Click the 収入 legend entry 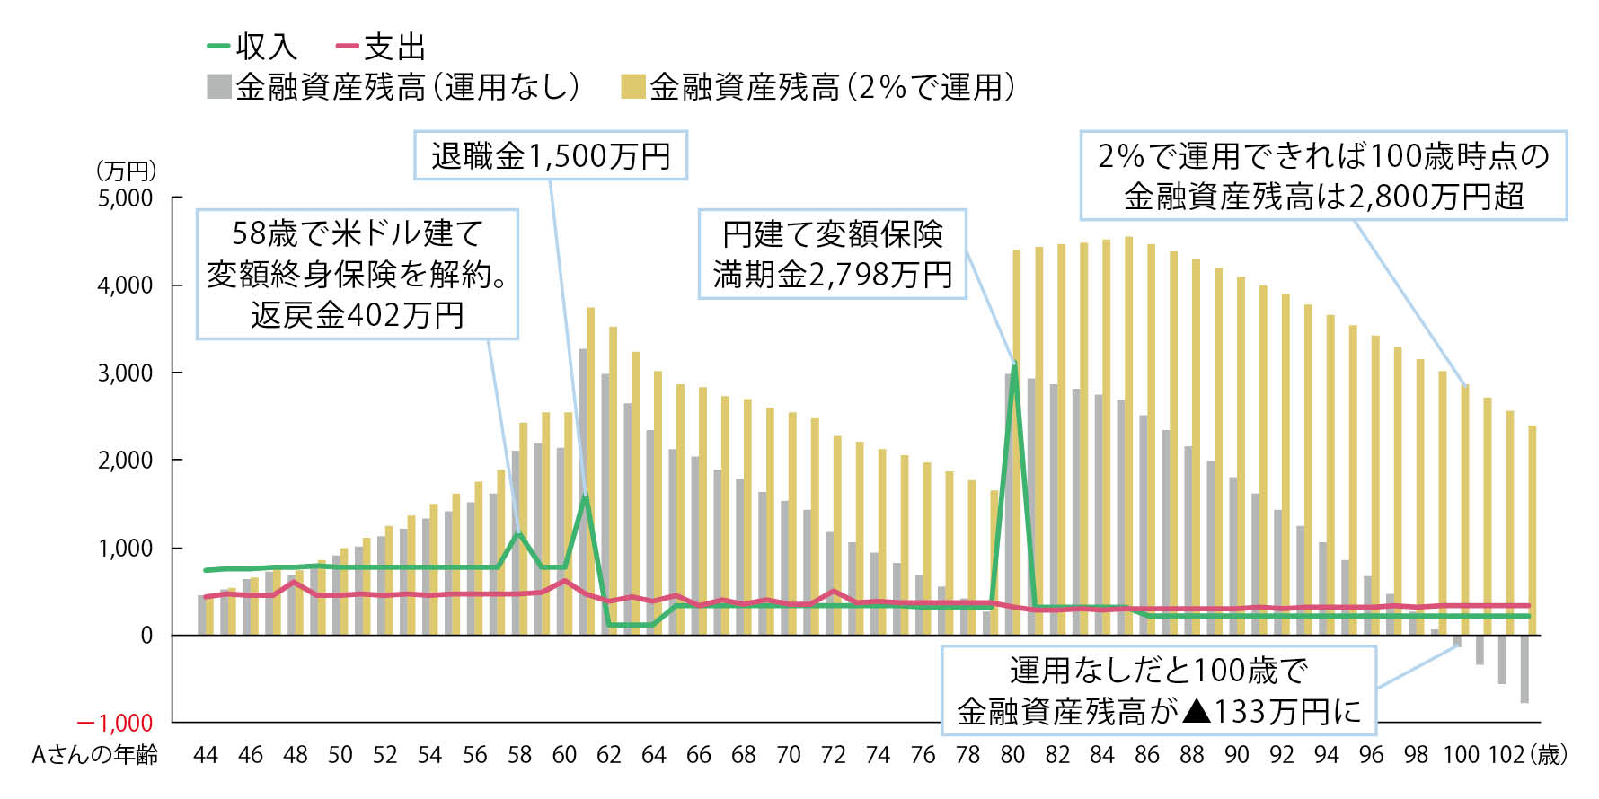coord(252,46)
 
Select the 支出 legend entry coord(380,46)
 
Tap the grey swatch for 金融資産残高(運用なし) coord(218,87)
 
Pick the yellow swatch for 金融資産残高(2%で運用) coord(633,87)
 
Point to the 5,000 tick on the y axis coord(125,198)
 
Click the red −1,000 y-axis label coord(115,724)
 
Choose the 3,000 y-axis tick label coord(125,373)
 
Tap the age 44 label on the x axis coord(206,755)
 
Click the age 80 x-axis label coord(1012,755)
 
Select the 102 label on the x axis coord(1506,755)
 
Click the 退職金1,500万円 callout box coord(551,156)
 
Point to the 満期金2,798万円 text coord(832,275)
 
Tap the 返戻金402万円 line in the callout coord(358,315)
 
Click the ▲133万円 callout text coord(1159,712)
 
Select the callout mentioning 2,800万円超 coord(1323,176)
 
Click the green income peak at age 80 coord(1014,366)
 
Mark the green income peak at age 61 coord(586,496)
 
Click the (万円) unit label coord(125,171)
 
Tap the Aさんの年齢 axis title coord(94,755)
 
